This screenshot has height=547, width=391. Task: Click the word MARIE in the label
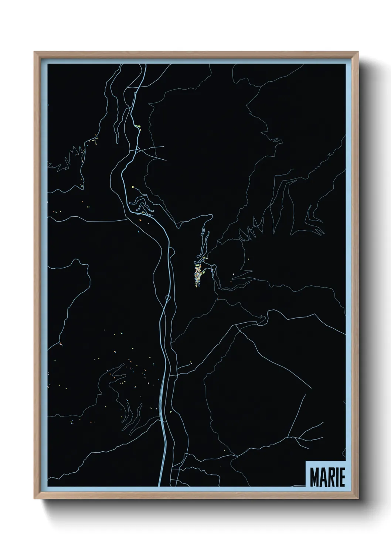327,477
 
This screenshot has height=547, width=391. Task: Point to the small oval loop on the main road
167,298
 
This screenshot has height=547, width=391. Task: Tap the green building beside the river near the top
138,126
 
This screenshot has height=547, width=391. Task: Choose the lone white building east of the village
234,274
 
